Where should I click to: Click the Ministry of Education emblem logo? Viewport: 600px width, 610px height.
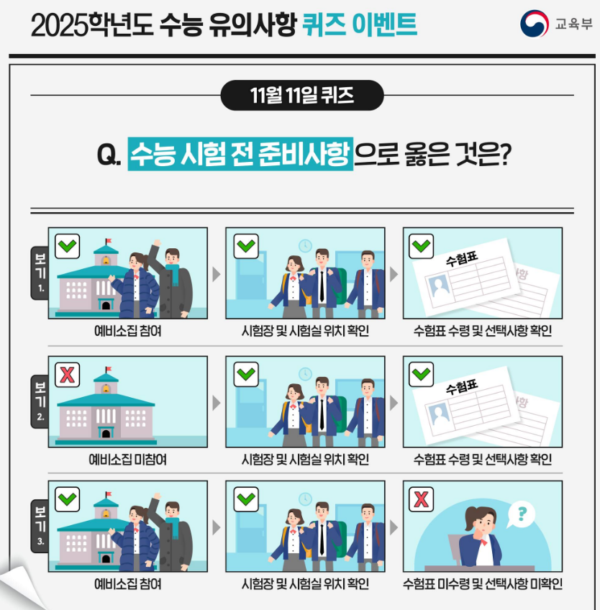pyautogui.click(x=535, y=24)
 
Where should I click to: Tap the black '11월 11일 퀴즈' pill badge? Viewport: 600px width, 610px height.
pyautogui.click(x=302, y=95)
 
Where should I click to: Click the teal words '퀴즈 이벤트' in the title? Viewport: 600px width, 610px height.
pyautogui.click(x=359, y=24)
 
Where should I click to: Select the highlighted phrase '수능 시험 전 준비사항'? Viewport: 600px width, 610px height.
pyautogui.click(x=240, y=154)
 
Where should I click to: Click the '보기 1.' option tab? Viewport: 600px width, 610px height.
pyautogui.click(x=40, y=273)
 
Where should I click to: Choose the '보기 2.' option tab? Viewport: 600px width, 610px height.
pyautogui.click(x=40, y=401)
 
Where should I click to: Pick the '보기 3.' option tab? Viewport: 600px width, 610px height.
pyautogui.click(x=40, y=526)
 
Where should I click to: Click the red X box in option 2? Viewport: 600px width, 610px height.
pyautogui.click(x=68, y=375)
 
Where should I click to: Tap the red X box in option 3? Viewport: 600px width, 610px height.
pyautogui.click(x=421, y=499)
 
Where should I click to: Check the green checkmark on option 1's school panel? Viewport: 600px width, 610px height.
pyautogui.click(x=68, y=246)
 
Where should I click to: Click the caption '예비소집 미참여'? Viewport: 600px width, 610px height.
pyautogui.click(x=127, y=460)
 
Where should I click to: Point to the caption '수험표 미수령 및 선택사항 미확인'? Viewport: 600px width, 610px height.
pyautogui.click(x=483, y=584)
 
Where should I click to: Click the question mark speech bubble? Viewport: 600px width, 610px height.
pyautogui.click(x=521, y=515)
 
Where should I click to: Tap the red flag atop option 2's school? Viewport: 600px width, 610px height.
pyautogui.click(x=109, y=369)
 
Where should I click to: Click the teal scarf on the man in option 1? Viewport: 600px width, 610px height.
pyautogui.click(x=173, y=273)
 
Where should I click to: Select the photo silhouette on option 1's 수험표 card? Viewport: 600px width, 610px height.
pyautogui.click(x=440, y=286)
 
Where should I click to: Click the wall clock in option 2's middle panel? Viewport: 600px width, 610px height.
pyautogui.click(x=306, y=374)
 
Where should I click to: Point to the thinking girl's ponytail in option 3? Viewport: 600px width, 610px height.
pyautogui.click(x=471, y=517)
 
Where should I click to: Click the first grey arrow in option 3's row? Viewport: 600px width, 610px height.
pyautogui.click(x=217, y=527)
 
